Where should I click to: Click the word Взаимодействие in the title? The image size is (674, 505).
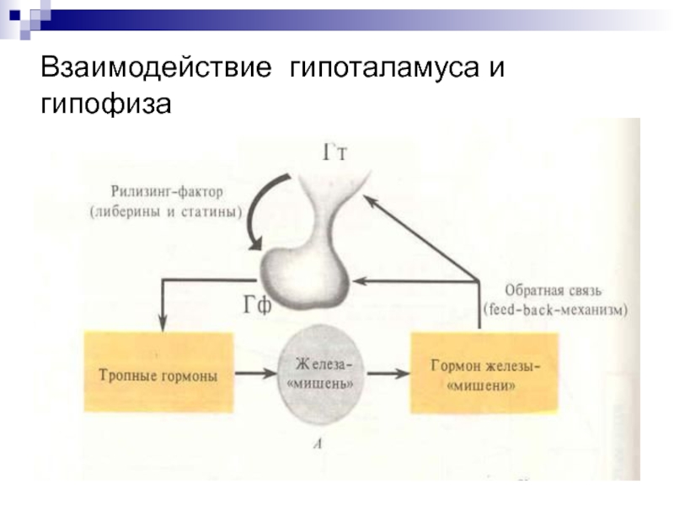(x=156, y=67)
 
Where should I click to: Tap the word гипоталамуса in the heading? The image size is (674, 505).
(x=384, y=68)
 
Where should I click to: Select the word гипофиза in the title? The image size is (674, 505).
(x=106, y=103)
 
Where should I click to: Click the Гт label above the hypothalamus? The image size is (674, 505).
(x=334, y=152)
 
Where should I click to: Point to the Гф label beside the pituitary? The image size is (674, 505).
(x=258, y=306)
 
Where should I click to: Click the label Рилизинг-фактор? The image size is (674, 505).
(x=167, y=191)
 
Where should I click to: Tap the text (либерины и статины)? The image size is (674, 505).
(x=166, y=212)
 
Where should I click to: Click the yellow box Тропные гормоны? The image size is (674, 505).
(x=158, y=372)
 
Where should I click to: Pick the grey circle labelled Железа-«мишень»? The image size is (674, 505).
(x=319, y=375)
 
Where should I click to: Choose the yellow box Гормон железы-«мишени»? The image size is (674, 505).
(x=484, y=374)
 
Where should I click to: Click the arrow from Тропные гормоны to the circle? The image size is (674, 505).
(x=256, y=373)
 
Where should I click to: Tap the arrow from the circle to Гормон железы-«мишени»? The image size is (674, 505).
(x=388, y=373)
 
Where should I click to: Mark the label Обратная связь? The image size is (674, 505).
(x=553, y=290)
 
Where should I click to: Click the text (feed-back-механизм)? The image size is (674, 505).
(x=555, y=309)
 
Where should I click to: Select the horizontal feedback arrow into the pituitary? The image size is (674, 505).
(x=415, y=281)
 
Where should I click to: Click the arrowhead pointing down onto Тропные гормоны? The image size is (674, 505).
(x=163, y=324)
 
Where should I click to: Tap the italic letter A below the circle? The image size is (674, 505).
(x=318, y=444)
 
